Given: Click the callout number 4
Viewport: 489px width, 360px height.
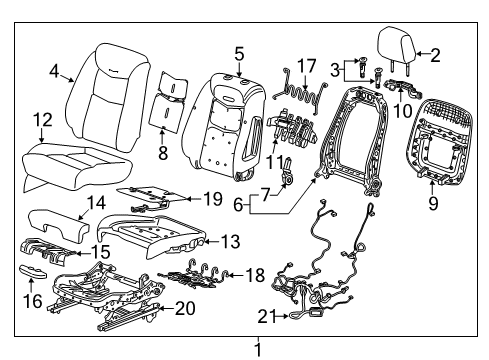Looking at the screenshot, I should tap(55, 71).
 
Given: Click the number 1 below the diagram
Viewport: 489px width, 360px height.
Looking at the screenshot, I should tap(259, 348).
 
